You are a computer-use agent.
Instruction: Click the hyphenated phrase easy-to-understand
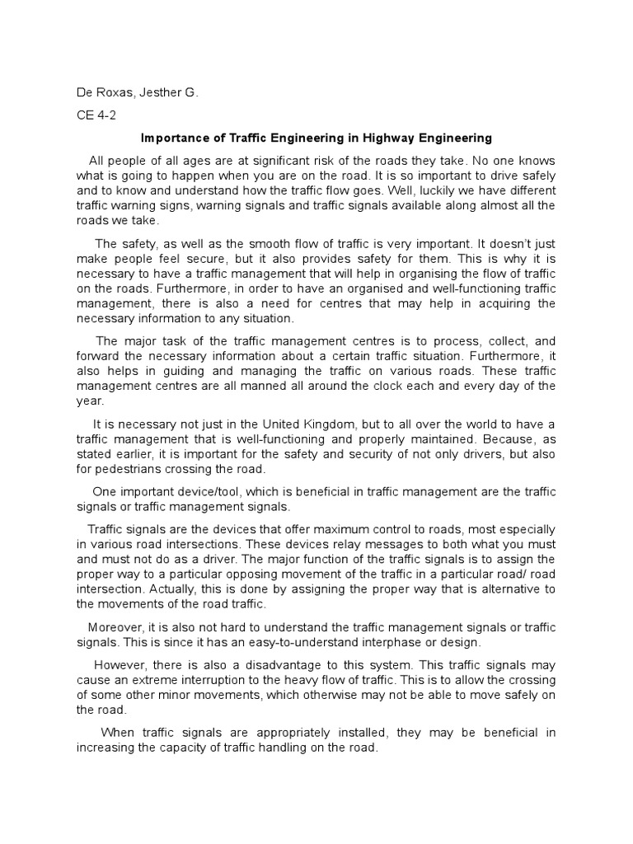pos(278,642)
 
